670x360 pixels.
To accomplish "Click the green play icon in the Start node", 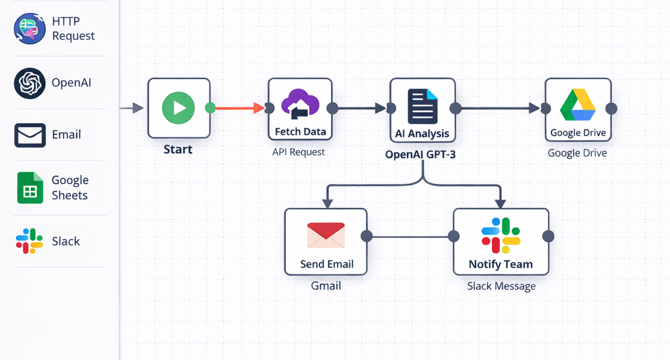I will [179, 106].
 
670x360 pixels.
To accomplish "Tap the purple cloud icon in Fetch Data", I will [300, 104].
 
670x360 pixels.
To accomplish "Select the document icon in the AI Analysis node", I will [422, 106].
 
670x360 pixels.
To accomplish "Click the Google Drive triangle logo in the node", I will [577, 105].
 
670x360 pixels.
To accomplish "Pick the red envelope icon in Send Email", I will [325, 236].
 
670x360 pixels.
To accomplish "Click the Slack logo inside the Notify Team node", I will [501, 236].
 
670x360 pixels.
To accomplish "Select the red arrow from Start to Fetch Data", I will [239, 108].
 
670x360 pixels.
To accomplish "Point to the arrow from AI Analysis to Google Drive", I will [501, 108].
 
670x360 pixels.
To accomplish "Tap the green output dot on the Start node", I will [210, 108].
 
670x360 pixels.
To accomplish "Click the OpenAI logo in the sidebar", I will [29, 83].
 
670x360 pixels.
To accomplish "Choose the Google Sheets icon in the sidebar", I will [29, 188].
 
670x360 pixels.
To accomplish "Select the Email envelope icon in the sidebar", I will [29, 135].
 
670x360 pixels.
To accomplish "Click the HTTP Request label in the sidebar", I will [73, 29].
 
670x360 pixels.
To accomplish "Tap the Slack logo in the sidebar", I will [29, 241].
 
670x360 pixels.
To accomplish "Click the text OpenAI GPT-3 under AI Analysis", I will [421, 155].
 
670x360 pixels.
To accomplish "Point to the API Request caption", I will [298, 152].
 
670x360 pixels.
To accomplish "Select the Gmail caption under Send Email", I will [325, 285].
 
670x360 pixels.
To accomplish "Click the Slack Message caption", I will [501, 286].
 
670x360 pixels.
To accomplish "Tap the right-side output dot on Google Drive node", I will [611, 108].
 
